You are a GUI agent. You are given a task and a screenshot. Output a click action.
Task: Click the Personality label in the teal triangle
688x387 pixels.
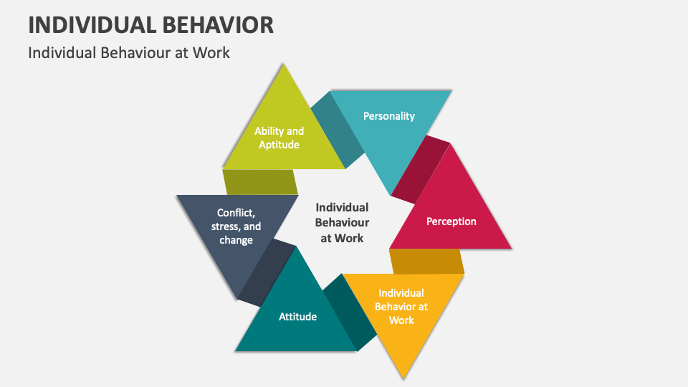[x=388, y=115]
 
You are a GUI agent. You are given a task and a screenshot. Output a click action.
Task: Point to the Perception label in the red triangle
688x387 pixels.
[x=451, y=221]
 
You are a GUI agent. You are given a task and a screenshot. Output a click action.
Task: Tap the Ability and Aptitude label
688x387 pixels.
[x=279, y=138]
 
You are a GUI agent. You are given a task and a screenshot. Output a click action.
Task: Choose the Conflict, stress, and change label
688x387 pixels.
[x=236, y=226]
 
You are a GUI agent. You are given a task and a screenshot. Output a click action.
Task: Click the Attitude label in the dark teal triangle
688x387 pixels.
[x=297, y=316]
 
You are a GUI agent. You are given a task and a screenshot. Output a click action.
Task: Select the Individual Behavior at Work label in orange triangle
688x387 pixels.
[x=401, y=306]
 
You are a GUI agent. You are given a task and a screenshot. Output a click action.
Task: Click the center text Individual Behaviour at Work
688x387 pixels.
[x=342, y=222]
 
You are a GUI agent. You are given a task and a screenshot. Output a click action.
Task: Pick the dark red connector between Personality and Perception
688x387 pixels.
[x=421, y=168]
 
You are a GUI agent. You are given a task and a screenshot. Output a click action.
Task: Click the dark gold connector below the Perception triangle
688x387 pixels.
[x=426, y=261]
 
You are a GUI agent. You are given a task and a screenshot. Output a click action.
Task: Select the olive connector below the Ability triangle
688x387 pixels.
[x=259, y=182]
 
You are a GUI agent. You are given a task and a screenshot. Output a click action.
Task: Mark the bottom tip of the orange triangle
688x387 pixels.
[x=404, y=376]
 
